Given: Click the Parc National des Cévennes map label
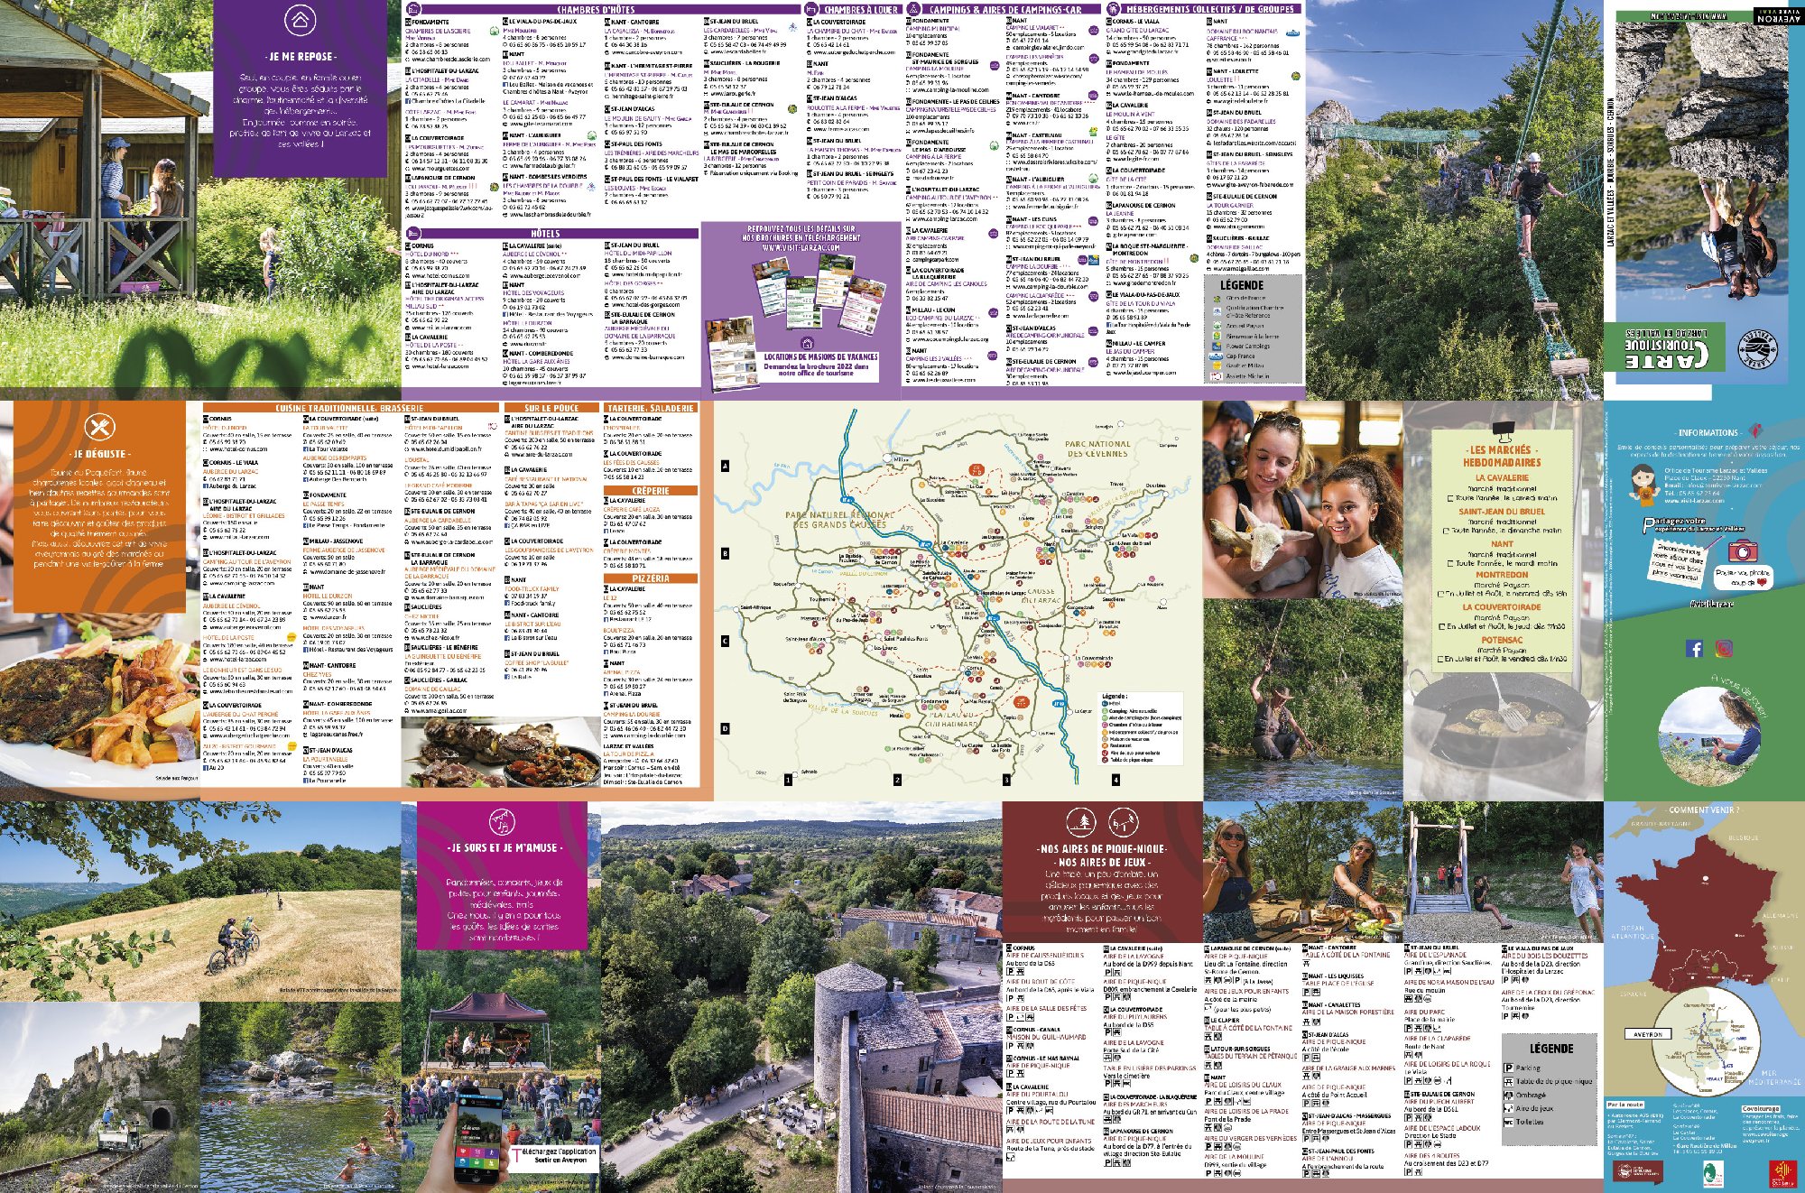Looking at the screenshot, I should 1097,449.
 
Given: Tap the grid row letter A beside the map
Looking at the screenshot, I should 725,467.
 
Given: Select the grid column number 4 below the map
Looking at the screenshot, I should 1115,780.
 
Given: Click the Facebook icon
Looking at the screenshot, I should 1695,648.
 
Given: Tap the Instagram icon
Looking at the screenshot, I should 1724,648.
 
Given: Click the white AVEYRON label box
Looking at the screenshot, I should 1647,1034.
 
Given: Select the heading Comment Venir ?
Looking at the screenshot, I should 1703,810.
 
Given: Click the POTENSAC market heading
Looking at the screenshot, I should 1502,640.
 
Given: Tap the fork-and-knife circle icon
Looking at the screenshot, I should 98,428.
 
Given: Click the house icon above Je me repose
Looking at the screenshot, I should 301,20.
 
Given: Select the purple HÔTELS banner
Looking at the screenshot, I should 545,233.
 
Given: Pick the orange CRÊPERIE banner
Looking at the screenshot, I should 651,491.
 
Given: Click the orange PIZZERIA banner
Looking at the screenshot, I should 651,578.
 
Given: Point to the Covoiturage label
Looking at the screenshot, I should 1760,1108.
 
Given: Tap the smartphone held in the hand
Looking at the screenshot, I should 477,1140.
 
